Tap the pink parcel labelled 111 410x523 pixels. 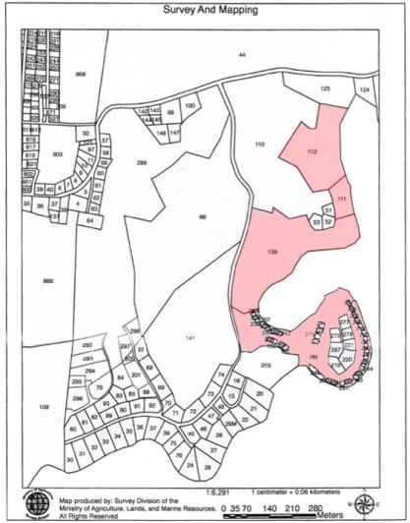tap(341, 200)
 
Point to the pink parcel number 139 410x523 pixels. tap(273, 253)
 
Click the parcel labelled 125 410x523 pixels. tap(326, 89)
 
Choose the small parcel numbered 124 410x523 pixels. tap(364, 89)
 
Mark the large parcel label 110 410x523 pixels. tap(260, 145)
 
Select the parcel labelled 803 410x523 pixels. tap(58, 154)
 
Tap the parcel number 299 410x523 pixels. tap(141, 162)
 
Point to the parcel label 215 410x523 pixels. tap(265, 366)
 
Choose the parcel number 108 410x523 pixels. tap(43, 405)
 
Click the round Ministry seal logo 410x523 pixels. tap(38, 502)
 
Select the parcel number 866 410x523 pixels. tap(48, 282)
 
